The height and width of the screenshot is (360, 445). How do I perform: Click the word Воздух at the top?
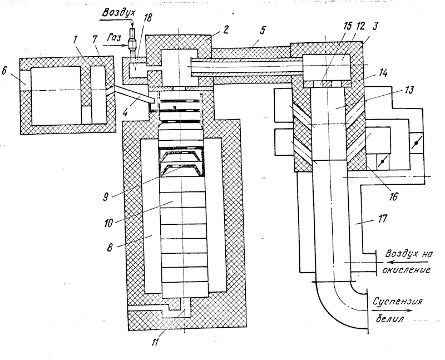(119, 13)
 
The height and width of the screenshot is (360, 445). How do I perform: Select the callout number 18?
(147, 18)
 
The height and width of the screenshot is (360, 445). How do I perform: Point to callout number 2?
(225, 29)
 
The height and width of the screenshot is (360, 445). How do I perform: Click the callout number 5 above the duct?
(263, 31)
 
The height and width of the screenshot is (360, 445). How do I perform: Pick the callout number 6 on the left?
(4, 71)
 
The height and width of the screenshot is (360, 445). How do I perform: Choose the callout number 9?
(106, 196)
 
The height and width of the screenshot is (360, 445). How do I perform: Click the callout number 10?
(109, 223)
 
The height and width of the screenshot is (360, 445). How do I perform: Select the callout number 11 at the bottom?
(155, 342)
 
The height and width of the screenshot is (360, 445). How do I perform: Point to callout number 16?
(394, 196)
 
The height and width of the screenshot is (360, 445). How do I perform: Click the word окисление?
(406, 269)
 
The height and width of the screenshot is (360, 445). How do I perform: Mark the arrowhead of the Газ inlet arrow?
(126, 45)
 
